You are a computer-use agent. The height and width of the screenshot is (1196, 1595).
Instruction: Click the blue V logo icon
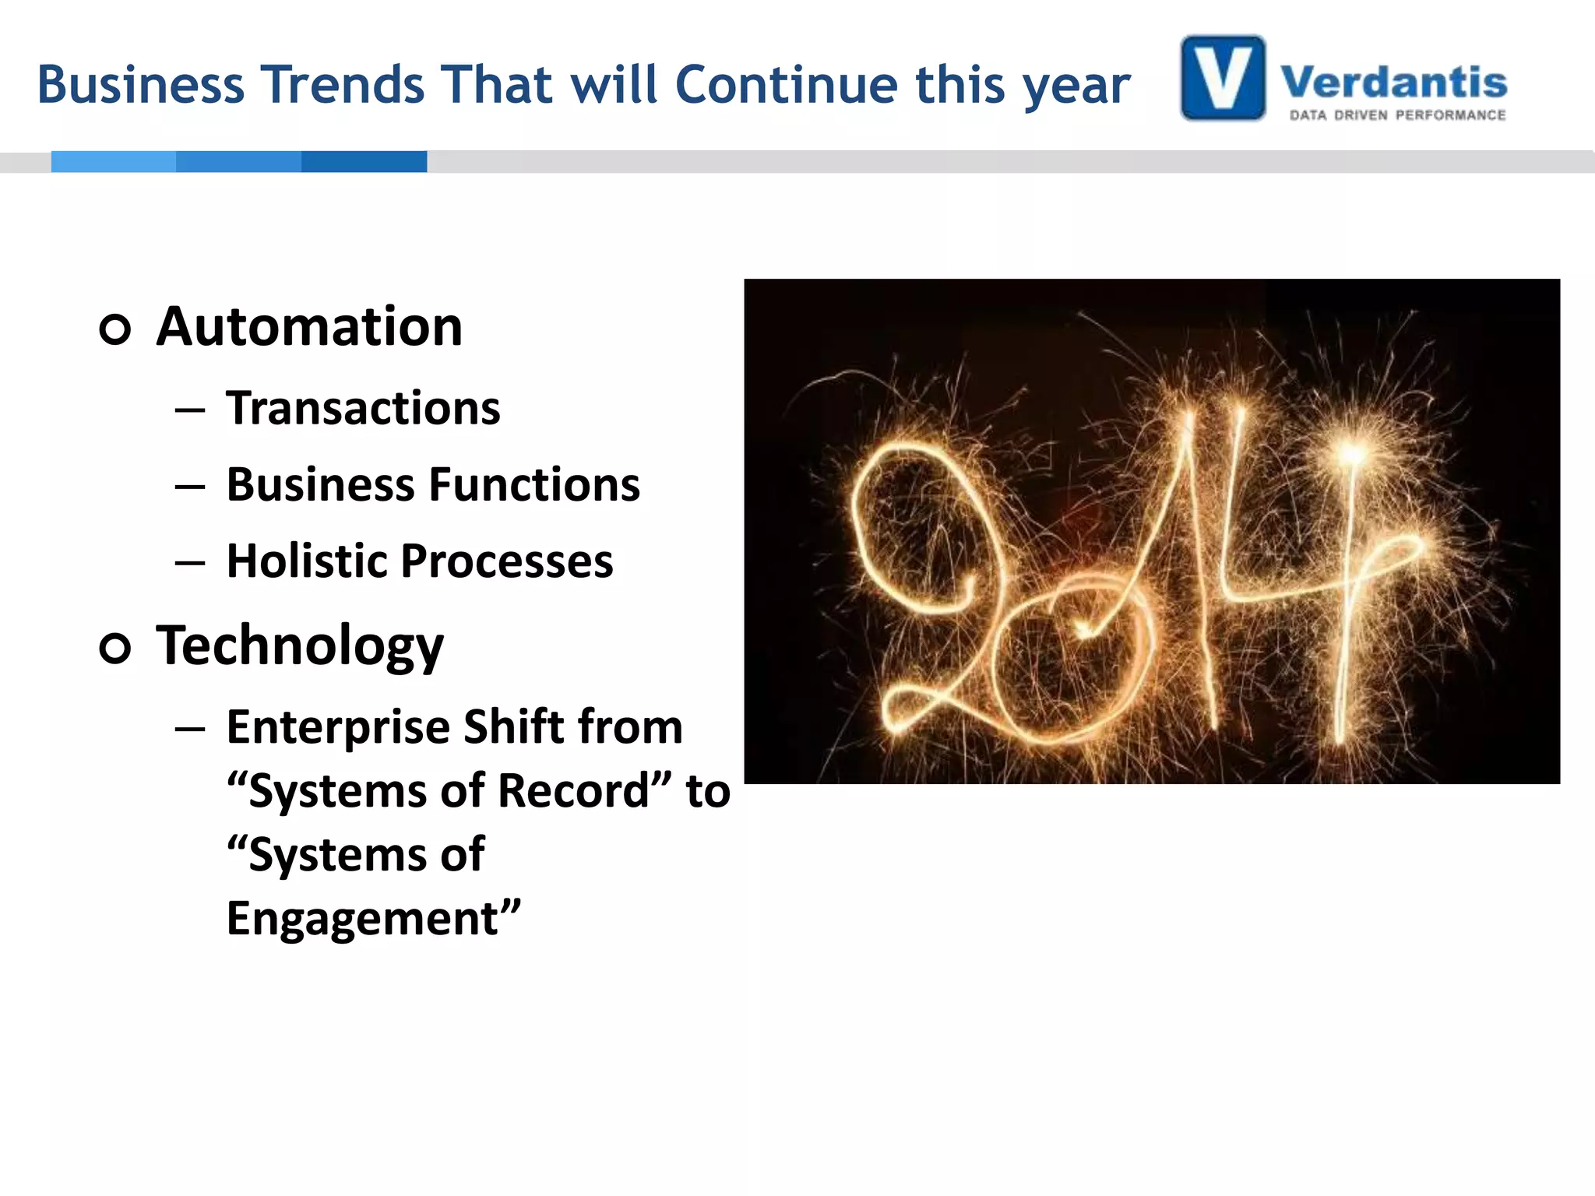pyautogui.click(x=1223, y=78)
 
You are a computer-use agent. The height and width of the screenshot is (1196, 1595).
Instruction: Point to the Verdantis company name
pyautogui.click(x=1394, y=82)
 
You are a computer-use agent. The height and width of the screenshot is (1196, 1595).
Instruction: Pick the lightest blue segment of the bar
pyautogui.click(x=114, y=161)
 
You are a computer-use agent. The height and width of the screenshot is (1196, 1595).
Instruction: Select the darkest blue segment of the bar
pyautogui.click(x=364, y=161)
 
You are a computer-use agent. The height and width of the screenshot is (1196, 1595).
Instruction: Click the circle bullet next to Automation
pyautogui.click(x=115, y=329)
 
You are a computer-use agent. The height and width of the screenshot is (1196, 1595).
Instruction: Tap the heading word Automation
pyautogui.click(x=309, y=327)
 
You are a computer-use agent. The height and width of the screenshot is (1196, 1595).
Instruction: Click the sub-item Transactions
pyautogui.click(x=363, y=408)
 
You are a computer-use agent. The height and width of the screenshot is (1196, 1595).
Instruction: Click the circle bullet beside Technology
pyautogui.click(x=115, y=648)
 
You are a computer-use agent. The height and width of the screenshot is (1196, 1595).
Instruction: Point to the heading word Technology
pyautogui.click(x=300, y=646)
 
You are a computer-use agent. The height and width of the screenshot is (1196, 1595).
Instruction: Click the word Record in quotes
pyautogui.click(x=573, y=791)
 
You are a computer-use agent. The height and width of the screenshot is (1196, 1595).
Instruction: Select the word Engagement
pyautogui.click(x=363, y=919)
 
